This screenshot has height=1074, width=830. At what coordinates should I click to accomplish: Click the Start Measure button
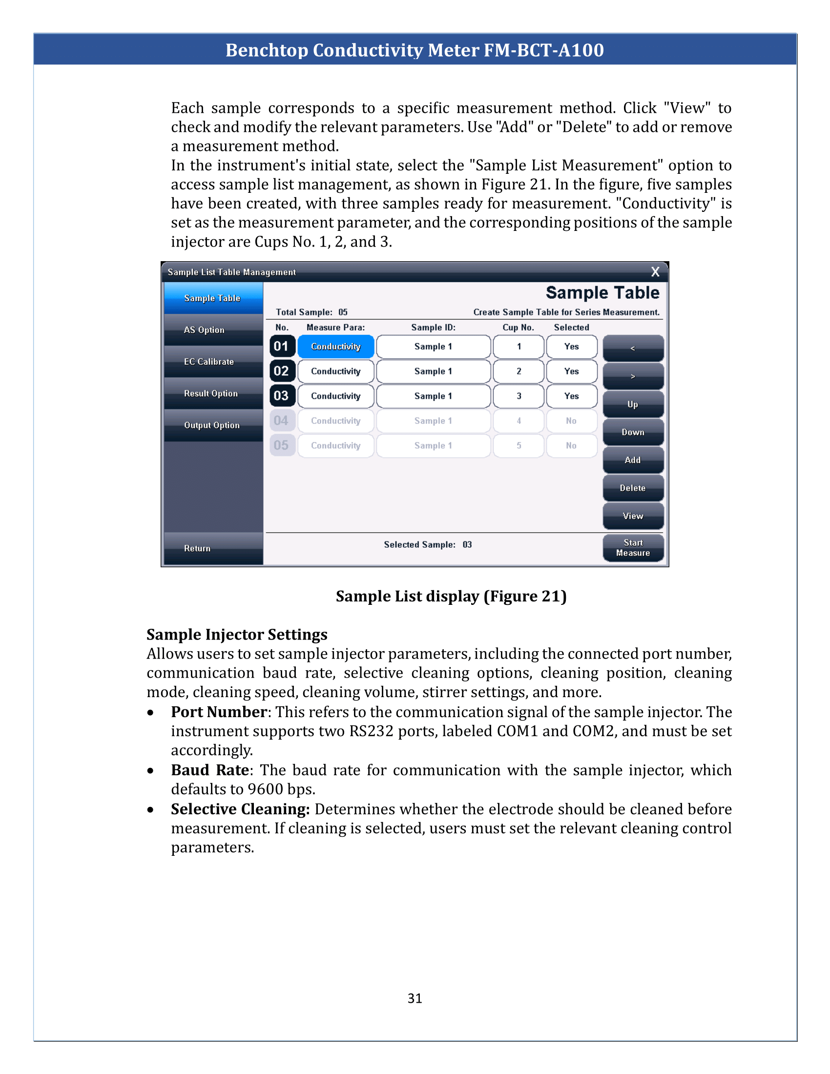[x=633, y=547]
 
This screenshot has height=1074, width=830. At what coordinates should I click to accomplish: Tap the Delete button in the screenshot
[x=633, y=488]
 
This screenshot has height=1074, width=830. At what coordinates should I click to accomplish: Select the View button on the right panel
[x=633, y=516]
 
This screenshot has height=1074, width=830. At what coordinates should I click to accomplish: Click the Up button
[x=633, y=404]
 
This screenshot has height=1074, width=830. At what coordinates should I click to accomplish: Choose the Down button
[x=633, y=432]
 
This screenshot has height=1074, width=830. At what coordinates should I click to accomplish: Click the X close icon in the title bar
[x=655, y=272]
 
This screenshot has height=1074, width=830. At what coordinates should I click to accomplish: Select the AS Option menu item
[x=213, y=330]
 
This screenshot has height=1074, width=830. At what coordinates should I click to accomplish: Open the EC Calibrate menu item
[x=213, y=361]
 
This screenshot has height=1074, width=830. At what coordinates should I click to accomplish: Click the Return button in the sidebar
[x=213, y=548]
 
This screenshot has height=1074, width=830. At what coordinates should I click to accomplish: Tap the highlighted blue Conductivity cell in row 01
[x=336, y=347]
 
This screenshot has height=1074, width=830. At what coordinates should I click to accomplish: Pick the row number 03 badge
[x=282, y=396]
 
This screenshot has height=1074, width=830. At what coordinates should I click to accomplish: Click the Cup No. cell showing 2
[x=518, y=372]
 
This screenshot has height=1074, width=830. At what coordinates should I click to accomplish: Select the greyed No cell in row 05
[x=571, y=446]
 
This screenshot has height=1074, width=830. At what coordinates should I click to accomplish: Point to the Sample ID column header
[x=433, y=328]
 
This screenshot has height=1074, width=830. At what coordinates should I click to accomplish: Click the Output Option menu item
[x=213, y=425]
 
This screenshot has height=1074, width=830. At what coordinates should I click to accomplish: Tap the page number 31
[x=415, y=998]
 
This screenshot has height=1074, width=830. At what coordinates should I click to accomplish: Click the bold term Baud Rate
[x=210, y=769]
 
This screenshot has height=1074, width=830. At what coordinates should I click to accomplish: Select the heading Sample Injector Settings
[x=236, y=634]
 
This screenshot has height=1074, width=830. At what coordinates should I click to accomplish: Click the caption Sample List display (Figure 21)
[x=451, y=596]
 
